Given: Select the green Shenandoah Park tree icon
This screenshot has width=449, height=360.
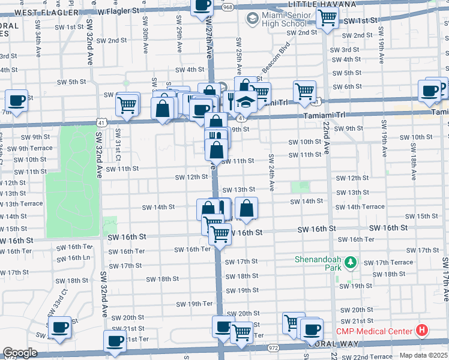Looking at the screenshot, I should [x=352, y=263].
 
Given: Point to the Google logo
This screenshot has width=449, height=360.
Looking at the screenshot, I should [x=19, y=353].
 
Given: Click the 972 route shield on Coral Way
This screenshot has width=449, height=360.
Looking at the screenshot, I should [x=274, y=347].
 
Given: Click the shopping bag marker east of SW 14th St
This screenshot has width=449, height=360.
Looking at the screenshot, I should [x=246, y=208].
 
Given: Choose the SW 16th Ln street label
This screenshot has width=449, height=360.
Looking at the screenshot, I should [x=74, y=257].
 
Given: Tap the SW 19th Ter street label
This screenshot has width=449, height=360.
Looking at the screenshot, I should [x=195, y=304].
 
